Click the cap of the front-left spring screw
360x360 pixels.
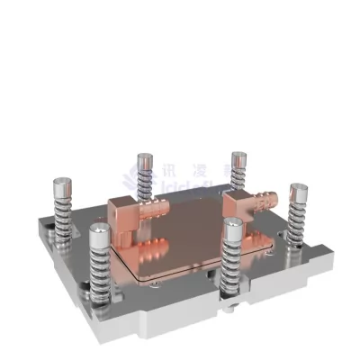[101, 236]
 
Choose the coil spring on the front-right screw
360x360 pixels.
[233, 265]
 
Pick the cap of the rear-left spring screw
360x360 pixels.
[144, 160]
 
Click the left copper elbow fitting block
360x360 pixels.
[124, 216]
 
